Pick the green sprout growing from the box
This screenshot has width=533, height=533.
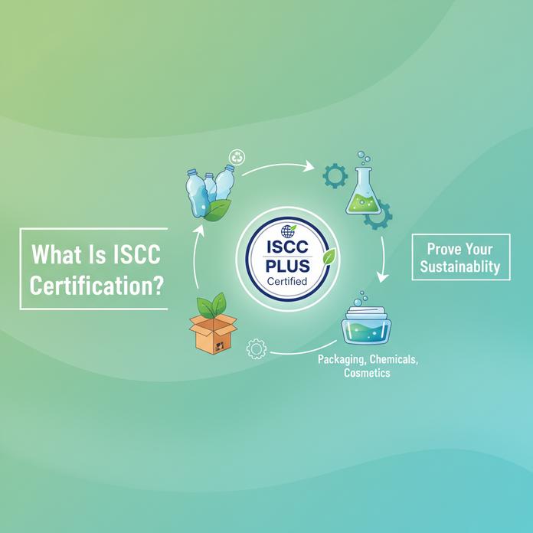213,304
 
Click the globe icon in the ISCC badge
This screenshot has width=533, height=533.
288,231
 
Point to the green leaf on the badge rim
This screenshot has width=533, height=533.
328,257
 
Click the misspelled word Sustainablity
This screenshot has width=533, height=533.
463,266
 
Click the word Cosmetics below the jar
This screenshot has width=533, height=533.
366,373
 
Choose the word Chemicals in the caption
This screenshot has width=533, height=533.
393,359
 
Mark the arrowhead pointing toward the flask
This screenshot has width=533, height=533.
310,165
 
